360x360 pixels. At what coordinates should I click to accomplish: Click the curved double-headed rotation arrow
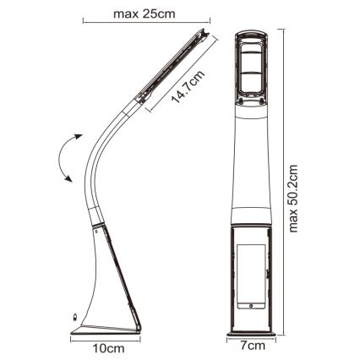[x=66, y=158]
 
